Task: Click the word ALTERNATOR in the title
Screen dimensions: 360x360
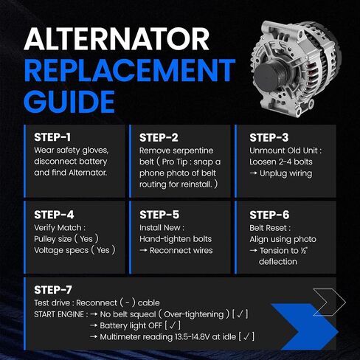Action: point(117,39)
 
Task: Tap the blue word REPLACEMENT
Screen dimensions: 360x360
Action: point(130,70)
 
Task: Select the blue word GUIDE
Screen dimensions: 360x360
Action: point(69,102)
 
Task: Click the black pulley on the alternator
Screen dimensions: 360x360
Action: point(271,76)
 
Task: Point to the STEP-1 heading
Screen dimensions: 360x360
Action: point(52,137)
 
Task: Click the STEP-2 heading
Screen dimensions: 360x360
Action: point(159,138)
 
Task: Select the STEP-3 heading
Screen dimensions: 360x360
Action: point(269,138)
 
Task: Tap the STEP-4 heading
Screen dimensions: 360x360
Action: point(54,215)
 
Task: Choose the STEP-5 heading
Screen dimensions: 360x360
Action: point(159,215)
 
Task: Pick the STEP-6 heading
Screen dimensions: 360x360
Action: point(269,215)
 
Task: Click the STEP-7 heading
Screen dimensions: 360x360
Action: point(53,290)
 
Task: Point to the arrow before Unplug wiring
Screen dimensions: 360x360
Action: point(253,173)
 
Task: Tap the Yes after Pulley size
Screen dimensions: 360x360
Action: point(86,239)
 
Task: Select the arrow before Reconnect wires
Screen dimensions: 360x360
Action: point(143,250)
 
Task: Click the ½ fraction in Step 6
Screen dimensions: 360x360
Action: point(304,250)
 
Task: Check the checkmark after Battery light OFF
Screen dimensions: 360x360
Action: point(173,325)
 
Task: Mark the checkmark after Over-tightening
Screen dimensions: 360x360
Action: point(240,314)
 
